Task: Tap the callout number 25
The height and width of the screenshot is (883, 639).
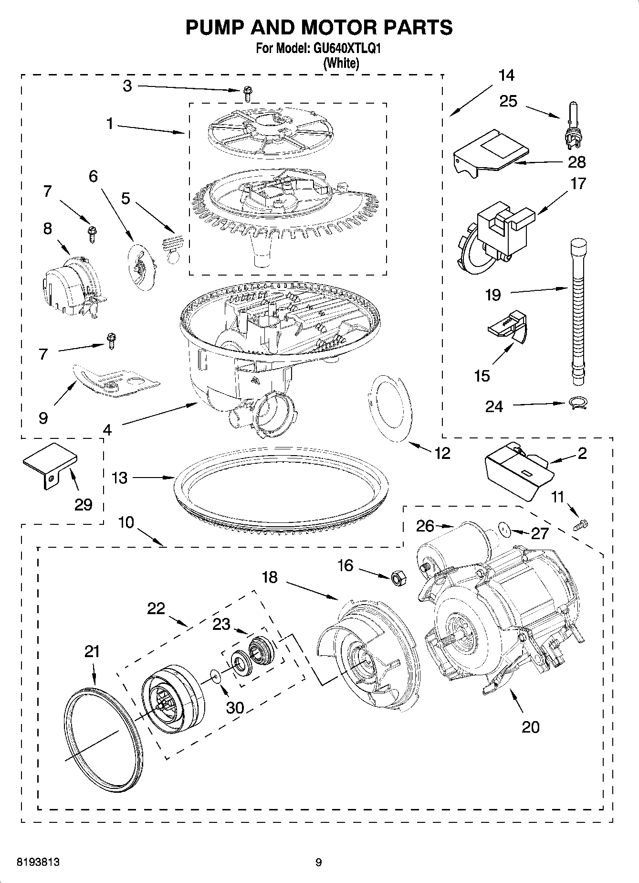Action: [508, 101]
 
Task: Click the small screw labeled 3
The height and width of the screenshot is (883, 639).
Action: [247, 94]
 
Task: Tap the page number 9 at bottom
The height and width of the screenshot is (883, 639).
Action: [319, 862]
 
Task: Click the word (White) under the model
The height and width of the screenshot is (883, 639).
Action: [341, 63]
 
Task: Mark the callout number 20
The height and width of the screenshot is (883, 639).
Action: [531, 727]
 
